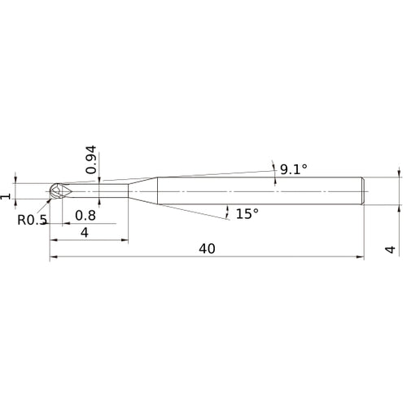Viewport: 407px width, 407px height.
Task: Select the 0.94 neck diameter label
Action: click(x=90, y=160)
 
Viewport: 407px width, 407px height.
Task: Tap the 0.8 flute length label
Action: click(x=85, y=216)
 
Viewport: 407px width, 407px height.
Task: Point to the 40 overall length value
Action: click(x=207, y=249)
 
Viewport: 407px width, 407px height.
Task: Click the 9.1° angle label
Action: click(x=293, y=170)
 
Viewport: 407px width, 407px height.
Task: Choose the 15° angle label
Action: click(x=247, y=213)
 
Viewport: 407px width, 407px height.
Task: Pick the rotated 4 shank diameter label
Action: click(x=391, y=250)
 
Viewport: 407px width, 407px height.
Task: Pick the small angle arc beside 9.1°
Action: click(x=274, y=168)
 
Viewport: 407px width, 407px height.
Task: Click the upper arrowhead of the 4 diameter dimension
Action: click(x=400, y=174)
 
